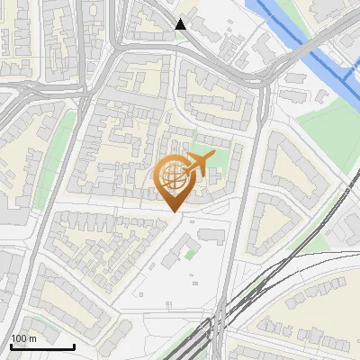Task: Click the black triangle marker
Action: point(181,24)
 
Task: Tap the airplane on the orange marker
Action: point(197,163)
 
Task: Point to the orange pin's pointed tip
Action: point(172,212)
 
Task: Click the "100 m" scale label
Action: point(23,338)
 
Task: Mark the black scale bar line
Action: point(42,346)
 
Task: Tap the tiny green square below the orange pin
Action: point(190,253)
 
